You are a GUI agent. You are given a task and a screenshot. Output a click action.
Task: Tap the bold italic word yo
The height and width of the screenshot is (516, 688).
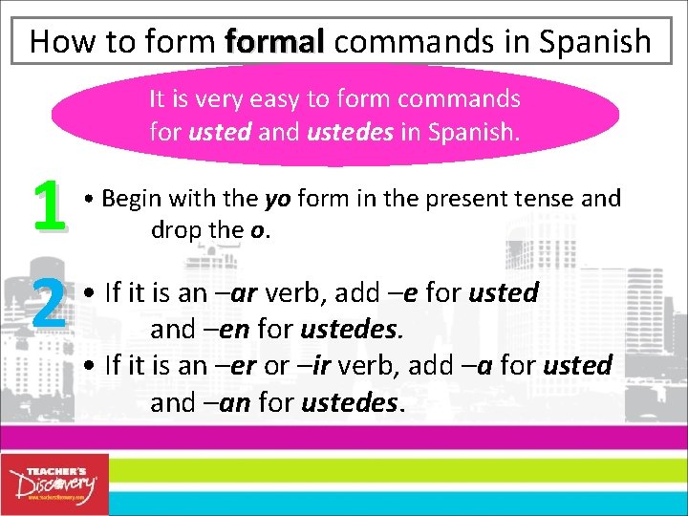(277, 199)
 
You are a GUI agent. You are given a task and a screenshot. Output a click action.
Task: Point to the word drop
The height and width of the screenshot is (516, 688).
(175, 231)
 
